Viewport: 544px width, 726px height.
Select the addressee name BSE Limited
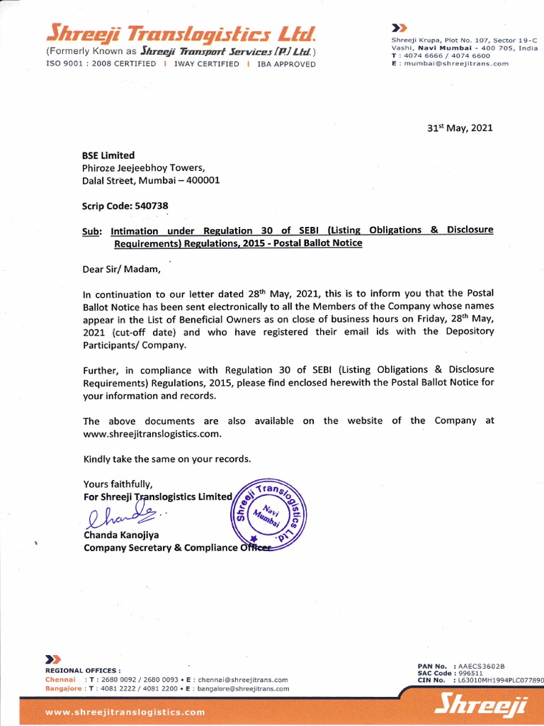point(108,155)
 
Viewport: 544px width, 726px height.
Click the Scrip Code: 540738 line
point(125,206)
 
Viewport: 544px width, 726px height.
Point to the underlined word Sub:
point(92,230)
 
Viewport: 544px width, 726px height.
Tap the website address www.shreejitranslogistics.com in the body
point(152,433)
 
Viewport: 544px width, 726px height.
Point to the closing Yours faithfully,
point(118,484)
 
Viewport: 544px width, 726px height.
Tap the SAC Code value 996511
point(470,673)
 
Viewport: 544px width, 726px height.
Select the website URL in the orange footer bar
point(125,712)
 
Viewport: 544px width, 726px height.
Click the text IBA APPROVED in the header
point(286,64)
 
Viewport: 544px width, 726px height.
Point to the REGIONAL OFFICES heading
point(83,670)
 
